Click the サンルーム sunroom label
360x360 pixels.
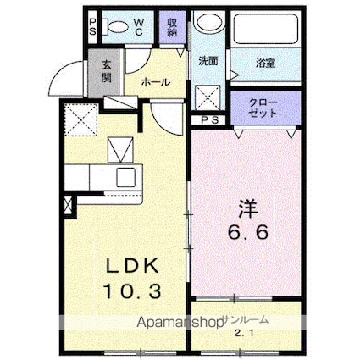coord(245,320)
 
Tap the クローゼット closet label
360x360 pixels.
coord(263,108)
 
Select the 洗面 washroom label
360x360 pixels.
coord(208,62)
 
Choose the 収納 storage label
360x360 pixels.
coord(173,27)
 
